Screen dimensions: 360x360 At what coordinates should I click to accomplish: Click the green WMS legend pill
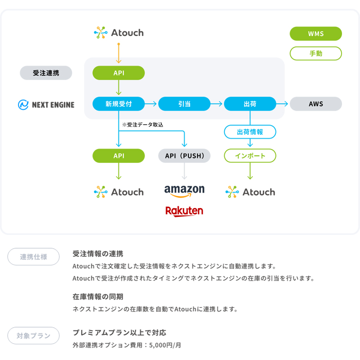coord(316,34)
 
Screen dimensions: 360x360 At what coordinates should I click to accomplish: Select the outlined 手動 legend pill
coord(316,54)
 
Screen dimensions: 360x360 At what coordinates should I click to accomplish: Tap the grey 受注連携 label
coord(46,73)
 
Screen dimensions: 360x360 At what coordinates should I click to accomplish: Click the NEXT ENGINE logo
coord(46,105)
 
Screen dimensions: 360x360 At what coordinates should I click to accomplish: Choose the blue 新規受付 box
coord(119,104)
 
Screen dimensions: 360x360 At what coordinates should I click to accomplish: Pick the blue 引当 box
coord(184,104)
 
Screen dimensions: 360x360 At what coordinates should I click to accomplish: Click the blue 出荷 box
coord(250,104)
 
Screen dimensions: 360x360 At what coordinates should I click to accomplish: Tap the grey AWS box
coord(316,104)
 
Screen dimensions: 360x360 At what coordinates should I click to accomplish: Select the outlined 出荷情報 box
coord(250,132)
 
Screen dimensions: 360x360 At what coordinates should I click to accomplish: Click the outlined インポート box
coord(250,156)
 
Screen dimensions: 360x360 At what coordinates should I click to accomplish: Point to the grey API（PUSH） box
coord(184,156)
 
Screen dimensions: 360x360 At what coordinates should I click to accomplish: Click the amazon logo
coord(184,190)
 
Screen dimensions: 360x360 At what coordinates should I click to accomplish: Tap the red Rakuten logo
coord(184,211)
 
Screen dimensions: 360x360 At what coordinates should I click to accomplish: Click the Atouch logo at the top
coord(119,32)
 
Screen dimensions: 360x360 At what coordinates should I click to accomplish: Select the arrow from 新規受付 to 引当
coord(151,104)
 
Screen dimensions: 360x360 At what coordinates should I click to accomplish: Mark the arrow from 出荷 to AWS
coord(282,104)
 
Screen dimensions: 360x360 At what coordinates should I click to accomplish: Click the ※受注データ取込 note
coord(143,125)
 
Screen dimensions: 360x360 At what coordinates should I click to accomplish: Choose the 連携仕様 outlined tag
coord(33,257)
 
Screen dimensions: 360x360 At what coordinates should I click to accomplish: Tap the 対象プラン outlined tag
coord(33,336)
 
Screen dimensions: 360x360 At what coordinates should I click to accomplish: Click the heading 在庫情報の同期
coord(98,296)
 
